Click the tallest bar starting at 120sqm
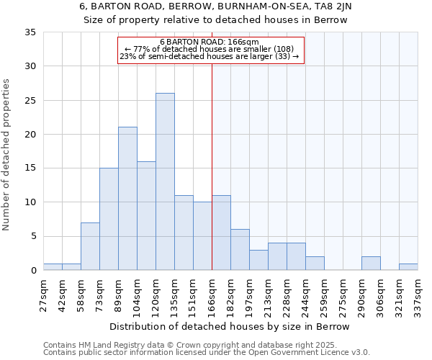[165, 181]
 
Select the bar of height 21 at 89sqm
[127, 199]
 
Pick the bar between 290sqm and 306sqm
[371, 264]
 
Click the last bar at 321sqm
[408, 267]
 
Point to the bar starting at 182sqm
[240, 250]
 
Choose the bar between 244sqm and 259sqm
[315, 264]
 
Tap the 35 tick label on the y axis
[30, 32]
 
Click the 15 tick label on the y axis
[30, 168]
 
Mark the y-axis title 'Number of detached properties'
[6, 155]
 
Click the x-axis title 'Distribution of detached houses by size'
[230, 326]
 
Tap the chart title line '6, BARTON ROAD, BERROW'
[215, 6]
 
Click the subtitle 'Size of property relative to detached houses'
[215, 20]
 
